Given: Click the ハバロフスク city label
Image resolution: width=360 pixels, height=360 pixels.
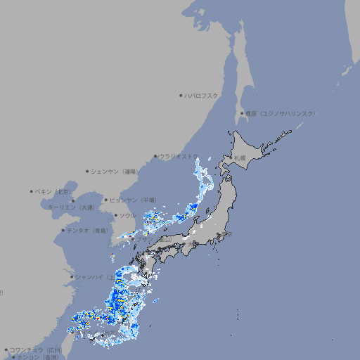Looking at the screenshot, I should [x=202, y=95].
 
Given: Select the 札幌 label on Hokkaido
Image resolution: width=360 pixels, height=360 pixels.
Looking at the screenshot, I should [x=240, y=157].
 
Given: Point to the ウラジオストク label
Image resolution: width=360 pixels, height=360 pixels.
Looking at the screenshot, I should [x=178, y=156].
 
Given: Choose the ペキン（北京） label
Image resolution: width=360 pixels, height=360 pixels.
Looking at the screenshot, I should [x=53, y=191].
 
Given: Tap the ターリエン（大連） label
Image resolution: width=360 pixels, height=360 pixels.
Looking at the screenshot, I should [x=71, y=207].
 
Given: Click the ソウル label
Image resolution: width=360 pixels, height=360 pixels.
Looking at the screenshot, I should [x=127, y=215].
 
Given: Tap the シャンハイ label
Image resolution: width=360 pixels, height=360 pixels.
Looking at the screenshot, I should [x=92, y=276].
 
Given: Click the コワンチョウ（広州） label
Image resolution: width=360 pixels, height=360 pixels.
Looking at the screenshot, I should [x=36, y=349].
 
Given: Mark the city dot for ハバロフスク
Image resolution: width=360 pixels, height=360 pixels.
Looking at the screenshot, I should [x=181, y=95].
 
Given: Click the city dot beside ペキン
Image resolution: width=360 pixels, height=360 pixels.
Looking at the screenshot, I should [x=32, y=191].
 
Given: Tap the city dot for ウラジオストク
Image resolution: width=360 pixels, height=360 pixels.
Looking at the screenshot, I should [x=155, y=156].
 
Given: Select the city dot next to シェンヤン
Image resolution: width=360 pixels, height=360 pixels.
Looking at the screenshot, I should [x=87, y=171].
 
